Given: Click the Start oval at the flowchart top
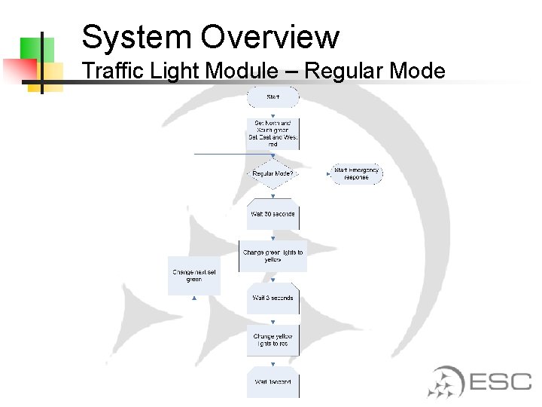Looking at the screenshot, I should pyautogui.click(x=273, y=97).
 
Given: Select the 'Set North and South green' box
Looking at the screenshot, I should pyautogui.click(x=273, y=133).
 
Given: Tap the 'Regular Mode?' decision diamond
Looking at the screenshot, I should pyautogui.click(x=273, y=173).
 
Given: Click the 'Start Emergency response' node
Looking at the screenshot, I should pyautogui.click(x=356, y=173).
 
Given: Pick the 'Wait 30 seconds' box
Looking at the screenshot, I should pyautogui.click(x=273, y=214).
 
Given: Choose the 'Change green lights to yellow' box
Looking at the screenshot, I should pyautogui.click(x=273, y=256).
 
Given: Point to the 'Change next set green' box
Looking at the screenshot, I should pyautogui.click(x=194, y=275).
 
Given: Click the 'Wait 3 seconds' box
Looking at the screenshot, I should pyautogui.click(x=273, y=298).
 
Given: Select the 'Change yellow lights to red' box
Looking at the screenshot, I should pyautogui.click(x=273, y=340).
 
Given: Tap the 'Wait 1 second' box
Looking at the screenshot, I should pyautogui.click(x=273, y=382).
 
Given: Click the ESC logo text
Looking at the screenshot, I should pyautogui.click(x=501, y=381).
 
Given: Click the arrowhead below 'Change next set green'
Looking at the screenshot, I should pyautogui.click(x=194, y=298).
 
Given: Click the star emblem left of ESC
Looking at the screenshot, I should pyautogui.click(x=446, y=381).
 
